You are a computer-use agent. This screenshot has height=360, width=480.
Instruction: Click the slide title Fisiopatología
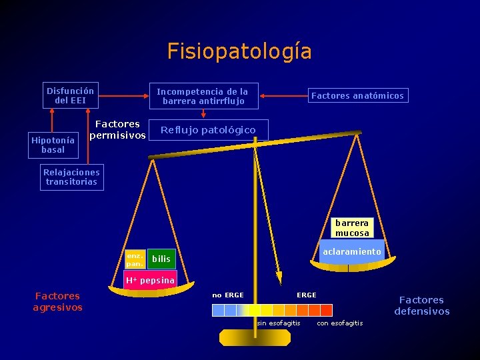(239, 51)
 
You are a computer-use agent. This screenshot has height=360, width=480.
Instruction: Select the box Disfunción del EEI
(71, 95)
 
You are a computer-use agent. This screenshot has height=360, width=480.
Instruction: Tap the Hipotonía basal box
(53, 145)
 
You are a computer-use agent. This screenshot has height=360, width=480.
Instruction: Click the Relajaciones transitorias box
(72, 177)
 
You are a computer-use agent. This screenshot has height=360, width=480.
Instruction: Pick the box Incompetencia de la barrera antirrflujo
(202, 96)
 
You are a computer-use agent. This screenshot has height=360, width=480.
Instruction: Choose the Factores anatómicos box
(357, 96)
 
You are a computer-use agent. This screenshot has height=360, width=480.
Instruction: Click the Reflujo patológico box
(208, 130)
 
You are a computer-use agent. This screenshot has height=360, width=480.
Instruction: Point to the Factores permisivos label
(117, 129)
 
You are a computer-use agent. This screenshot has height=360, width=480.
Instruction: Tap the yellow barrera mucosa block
(352, 229)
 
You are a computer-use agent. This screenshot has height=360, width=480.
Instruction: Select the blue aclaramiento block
(351, 251)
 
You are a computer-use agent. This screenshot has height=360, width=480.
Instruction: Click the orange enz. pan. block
(134, 259)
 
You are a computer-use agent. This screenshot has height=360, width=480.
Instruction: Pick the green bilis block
(161, 259)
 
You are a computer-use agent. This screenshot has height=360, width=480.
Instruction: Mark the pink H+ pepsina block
(150, 280)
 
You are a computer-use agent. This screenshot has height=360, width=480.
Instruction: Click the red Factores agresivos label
(57, 301)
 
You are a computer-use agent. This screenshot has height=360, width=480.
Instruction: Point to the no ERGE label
(228, 295)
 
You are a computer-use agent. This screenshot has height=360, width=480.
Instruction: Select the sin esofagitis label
(279, 323)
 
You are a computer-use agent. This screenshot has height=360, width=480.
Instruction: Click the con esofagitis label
(340, 323)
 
